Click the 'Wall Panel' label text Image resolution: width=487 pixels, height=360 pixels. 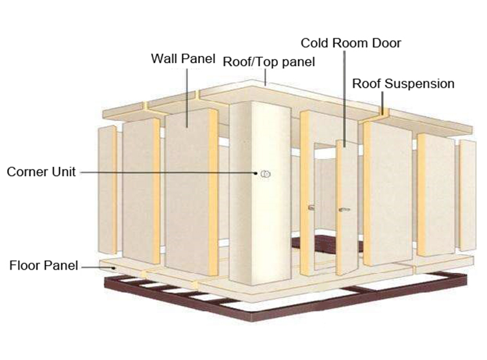pos(183,58)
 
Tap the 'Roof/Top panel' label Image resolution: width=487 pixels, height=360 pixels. pos(269,62)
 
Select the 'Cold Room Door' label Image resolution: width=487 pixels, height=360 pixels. pos(351,43)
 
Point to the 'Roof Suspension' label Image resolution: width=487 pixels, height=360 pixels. pos(403,84)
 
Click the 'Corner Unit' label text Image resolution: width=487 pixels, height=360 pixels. pos(42,172)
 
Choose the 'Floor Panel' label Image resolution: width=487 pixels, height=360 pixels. pos(44,266)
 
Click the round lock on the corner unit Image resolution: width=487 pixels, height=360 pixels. pos(266,174)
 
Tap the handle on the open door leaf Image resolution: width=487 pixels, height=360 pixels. pos(344,209)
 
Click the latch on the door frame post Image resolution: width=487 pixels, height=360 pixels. pos(311,207)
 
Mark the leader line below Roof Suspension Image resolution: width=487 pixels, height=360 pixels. pos(382,103)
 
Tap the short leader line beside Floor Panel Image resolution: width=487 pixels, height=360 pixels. pos(99,267)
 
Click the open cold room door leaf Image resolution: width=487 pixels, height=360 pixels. pos(346,207)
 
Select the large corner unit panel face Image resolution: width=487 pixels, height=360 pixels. pos(260,193)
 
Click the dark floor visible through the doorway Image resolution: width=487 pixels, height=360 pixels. pos(326,243)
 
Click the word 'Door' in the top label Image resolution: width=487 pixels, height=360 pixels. pos(387,43)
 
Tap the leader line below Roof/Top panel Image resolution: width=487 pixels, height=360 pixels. pos(266,77)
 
